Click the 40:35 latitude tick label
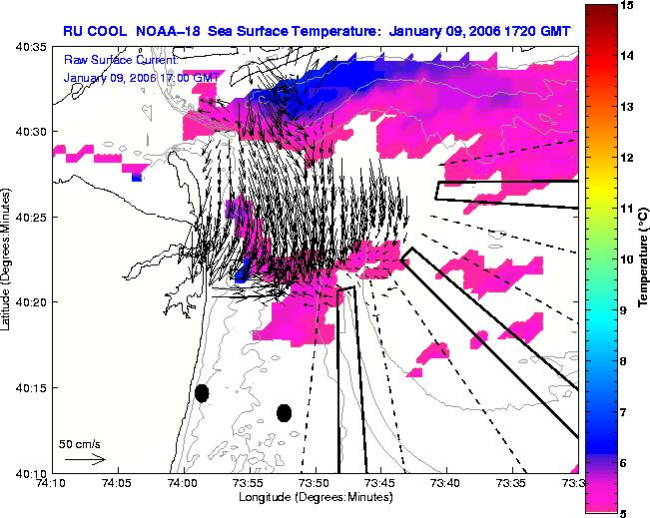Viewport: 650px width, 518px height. point(31,47)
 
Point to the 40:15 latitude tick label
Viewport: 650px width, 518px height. point(31,388)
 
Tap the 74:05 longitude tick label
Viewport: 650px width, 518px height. point(119,483)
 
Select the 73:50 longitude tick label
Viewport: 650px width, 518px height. point(316,483)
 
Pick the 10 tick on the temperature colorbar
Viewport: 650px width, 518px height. point(626,259)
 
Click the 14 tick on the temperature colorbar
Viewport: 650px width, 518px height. point(626,56)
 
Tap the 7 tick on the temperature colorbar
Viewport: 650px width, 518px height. point(623,412)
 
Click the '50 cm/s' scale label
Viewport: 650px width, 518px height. point(80,444)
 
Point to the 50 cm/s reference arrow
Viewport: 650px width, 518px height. point(86,459)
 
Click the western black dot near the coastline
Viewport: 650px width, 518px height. point(202,393)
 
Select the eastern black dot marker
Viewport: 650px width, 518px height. point(284,413)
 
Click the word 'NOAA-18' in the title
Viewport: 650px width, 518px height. point(168,32)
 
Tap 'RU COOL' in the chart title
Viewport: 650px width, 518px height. point(95,32)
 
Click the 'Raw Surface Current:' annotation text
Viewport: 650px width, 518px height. point(121,60)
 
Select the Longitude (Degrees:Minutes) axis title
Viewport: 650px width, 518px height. point(316,497)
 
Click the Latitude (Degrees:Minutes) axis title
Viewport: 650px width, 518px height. point(5,259)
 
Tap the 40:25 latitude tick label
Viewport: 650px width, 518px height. point(31,218)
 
